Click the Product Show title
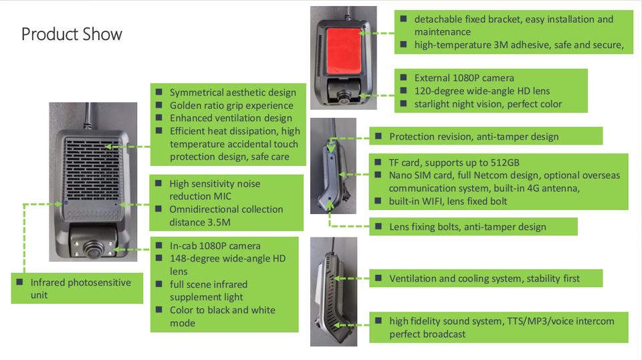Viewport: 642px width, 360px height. (x=72, y=34)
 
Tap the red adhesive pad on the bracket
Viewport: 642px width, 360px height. (x=344, y=51)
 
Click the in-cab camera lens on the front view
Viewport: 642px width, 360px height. (x=94, y=249)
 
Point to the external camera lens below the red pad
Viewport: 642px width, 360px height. (x=344, y=96)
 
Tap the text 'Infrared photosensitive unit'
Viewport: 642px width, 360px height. (x=81, y=289)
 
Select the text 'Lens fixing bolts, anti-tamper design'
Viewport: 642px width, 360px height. (x=467, y=227)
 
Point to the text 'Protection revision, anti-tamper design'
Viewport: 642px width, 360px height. (x=473, y=137)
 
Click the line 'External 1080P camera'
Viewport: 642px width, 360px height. (x=464, y=78)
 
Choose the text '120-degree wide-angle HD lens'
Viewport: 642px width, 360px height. (x=482, y=91)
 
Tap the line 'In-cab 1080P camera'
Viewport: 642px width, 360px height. (x=215, y=246)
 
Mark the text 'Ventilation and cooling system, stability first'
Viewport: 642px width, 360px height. (x=484, y=278)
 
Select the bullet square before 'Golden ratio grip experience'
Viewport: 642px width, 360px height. (x=159, y=105)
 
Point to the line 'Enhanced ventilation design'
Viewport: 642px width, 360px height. (x=231, y=118)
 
